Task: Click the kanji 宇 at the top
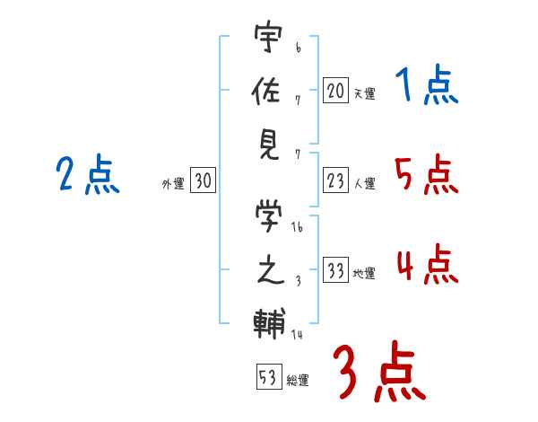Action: [x=268, y=36]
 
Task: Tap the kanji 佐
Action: [x=266, y=90]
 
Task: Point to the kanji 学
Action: [x=269, y=215]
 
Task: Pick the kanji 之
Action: [x=271, y=270]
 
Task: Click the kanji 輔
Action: [x=269, y=323]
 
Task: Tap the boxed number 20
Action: [x=335, y=91]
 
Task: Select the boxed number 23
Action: [x=335, y=180]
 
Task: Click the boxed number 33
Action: [x=335, y=269]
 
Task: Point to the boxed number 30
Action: [x=203, y=180]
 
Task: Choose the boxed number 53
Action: [x=269, y=376]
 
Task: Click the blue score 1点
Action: [x=427, y=84]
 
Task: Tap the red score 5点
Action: [x=427, y=174]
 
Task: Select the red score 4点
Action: [x=428, y=264]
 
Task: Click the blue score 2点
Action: [x=88, y=174]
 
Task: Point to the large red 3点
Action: [x=379, y=371]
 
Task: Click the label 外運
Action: [x=173, y=184]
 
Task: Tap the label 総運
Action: [x=298, y=381]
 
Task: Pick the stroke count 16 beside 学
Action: [x=297, y=227]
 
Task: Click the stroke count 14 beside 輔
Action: [x=297, y=334]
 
